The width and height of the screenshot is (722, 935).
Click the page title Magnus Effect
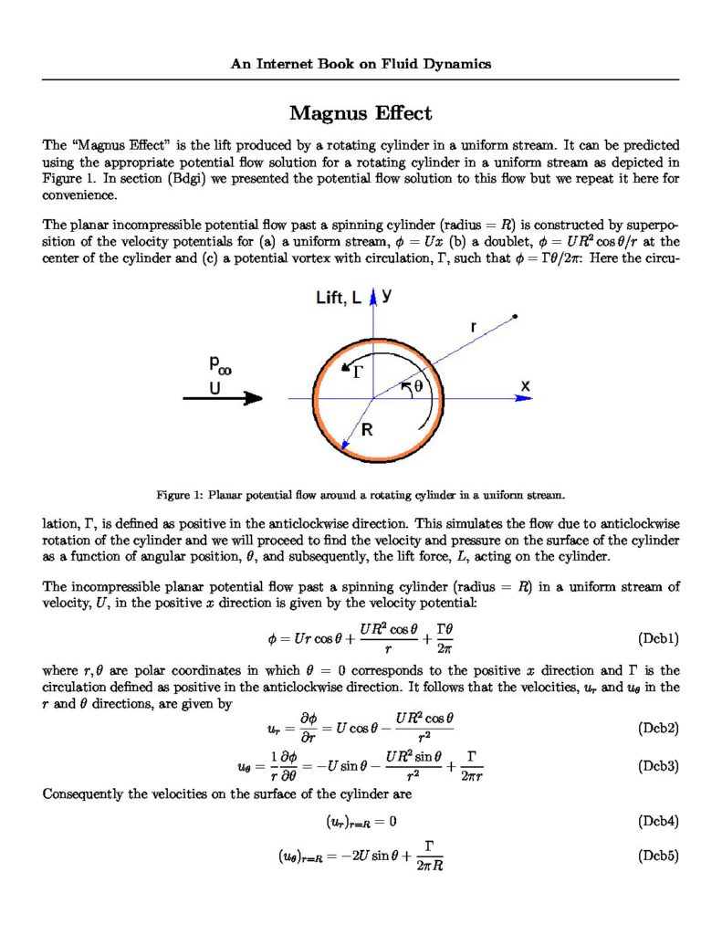[361, 113]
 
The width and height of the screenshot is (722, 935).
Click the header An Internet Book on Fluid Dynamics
[361, 64]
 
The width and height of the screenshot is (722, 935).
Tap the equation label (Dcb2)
[656, 729]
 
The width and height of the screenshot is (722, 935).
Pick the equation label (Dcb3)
[656, 766]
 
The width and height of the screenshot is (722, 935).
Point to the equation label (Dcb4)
[656, 821]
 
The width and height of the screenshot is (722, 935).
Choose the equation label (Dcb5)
[656, 857]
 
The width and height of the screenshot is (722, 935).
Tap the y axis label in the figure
[387, 295]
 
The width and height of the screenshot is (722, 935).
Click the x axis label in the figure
[526, 386]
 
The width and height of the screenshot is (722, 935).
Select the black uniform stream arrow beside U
[223, 398]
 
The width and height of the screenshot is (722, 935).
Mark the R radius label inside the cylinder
[366, 430]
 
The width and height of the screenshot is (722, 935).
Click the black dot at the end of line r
[516, 317]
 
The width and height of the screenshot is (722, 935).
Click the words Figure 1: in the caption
[179, 495]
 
